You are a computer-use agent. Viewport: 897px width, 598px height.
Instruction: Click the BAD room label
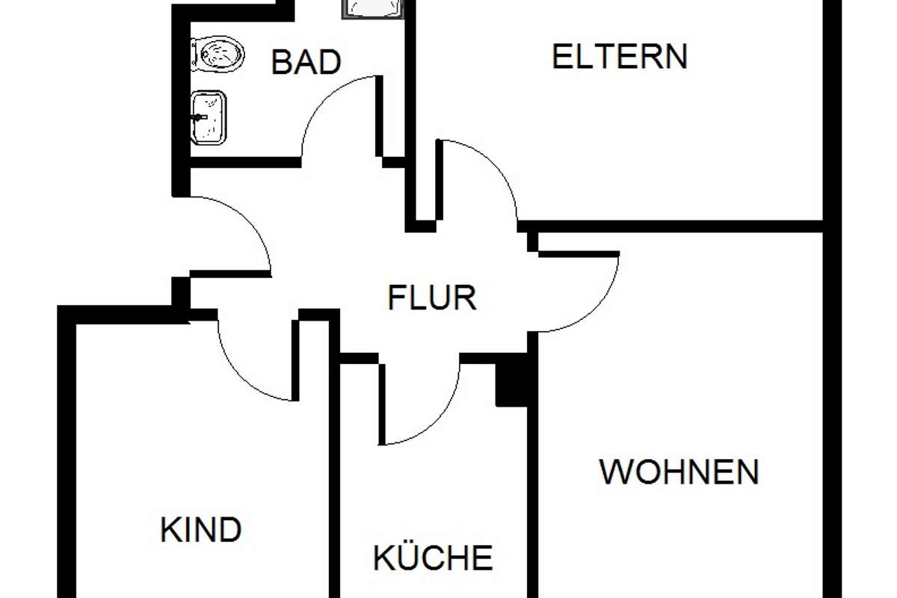(306, 62)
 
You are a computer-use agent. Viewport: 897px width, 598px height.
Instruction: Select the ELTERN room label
(620, 57)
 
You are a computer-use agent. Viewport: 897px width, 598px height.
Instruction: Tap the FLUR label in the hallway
(433, 298)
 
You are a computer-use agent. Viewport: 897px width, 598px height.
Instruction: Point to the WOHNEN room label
(679, 472)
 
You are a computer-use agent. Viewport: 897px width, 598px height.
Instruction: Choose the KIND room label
(201, 529)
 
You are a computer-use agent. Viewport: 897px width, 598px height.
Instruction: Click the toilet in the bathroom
(218, 54)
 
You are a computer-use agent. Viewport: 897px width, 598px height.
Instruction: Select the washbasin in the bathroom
(209, 117)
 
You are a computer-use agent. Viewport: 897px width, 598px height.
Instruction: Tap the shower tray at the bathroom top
(372, 9)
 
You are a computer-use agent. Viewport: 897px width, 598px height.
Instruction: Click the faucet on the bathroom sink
(199, 117)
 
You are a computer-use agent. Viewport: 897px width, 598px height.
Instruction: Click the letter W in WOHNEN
(616, 472)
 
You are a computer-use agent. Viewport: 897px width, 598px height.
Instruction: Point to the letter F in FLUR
(396, 298)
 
